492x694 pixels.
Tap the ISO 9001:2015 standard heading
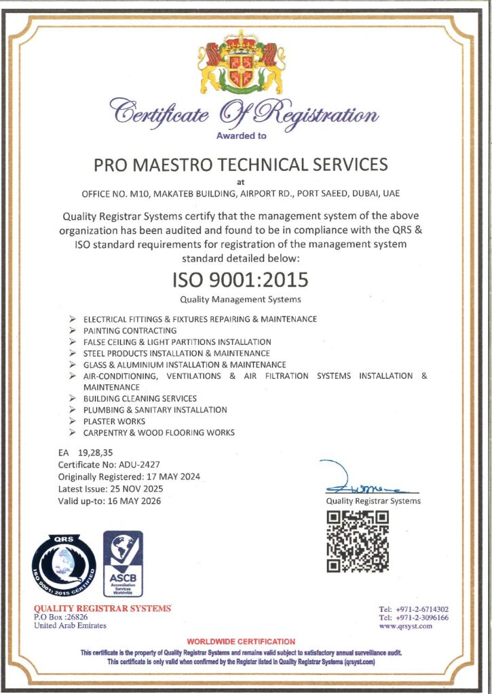tap(240, 279)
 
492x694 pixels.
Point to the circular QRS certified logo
tap(64, 565)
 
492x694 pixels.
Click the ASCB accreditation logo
tap(123, 563)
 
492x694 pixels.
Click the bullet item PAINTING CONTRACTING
tap(130, 330)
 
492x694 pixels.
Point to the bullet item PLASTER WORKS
tap(114, 421)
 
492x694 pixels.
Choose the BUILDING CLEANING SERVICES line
tap(140, 399)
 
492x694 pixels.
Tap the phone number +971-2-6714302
tap(422, 609)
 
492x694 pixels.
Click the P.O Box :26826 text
tap(61, 617)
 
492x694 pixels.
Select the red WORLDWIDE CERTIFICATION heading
tap(241, 641)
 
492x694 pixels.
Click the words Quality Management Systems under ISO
tap(240, 299)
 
